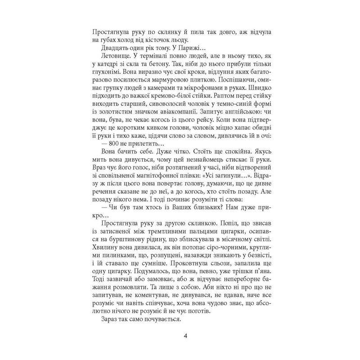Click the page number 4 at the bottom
(x=180, y=337)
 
